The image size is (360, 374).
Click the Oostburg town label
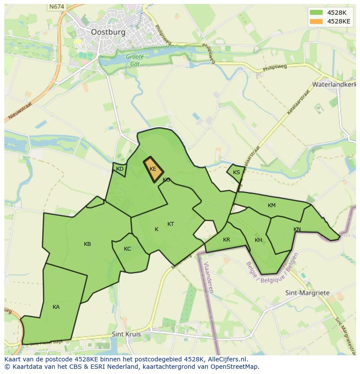(108, 32)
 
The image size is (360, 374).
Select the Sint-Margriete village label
(307, 293)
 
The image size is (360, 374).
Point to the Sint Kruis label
(126, 334)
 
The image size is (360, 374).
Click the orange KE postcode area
(153, 169)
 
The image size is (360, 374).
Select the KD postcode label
(120, 169)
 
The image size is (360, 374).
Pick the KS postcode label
(237, 172)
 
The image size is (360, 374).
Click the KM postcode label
(272, 205)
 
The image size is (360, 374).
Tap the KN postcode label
(297, 229)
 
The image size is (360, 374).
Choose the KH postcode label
(259, 240)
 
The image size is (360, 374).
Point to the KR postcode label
(227, 240)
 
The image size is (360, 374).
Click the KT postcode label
(171, 224)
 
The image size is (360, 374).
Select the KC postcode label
(127, 249)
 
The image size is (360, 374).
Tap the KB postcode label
(87, 244)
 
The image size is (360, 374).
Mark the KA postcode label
(56, 307)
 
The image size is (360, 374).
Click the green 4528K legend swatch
(316, 13)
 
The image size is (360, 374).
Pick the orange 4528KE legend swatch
(316, 21)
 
